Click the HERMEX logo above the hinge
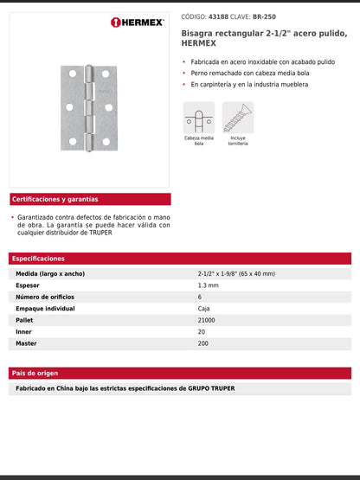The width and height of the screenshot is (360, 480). (x=138, y=22)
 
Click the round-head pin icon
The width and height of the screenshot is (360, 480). (x=198, y=117)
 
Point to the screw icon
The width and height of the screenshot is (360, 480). (x=237, y=117)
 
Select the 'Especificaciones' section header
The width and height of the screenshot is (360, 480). (x=39, y=259)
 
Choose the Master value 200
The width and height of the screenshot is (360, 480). (x=204, y=343)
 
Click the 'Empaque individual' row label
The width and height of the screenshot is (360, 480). (x=46, y=308)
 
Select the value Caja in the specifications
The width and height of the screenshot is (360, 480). (x=204, y=308)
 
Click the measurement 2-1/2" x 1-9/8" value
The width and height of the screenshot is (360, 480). (x=235, y=273)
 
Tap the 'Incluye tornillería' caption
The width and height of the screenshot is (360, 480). (x=237, y=141)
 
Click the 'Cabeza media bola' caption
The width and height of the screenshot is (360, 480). (x=198, y=141)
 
